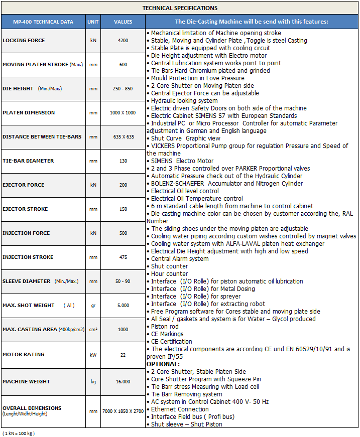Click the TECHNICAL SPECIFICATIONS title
tap(180, 8)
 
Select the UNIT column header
tap(93, 22)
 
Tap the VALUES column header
tap(123, 22)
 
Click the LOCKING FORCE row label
tap(24, 41)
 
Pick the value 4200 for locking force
tap(123, 41)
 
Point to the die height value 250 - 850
tap(123, 89)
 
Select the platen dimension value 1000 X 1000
tap(123, 113)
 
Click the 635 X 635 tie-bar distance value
tap(123, 137)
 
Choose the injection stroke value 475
tap(123, 257)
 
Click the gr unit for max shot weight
tap(93, 306)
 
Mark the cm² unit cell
tap(93, 330)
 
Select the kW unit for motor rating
tap(93, 354)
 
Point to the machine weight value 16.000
tap(123, 382)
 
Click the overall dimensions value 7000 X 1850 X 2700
tap(123, 411)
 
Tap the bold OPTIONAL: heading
tap(163, 364)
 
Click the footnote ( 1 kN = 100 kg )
tap(19, 432)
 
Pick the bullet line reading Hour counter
tap(169, 274)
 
